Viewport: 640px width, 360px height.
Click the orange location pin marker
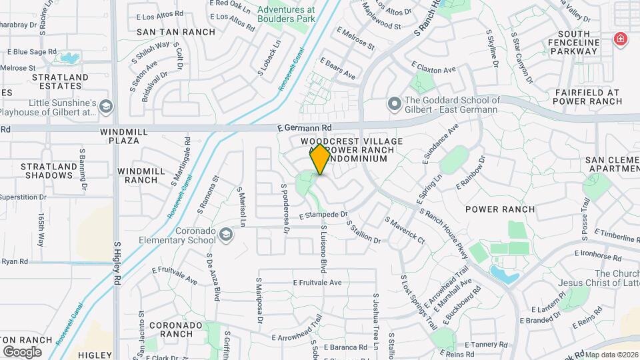320,159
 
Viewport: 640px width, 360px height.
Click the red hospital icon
621,39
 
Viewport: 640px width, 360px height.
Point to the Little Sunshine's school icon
106,107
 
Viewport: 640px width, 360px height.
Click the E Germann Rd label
305,127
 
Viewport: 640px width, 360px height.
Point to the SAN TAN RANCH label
176,31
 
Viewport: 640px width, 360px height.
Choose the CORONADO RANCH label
175,329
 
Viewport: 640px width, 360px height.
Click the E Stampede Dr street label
323,215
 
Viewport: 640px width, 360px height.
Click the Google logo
22,351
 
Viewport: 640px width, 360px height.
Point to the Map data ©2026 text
611,355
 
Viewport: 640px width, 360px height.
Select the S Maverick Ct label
404,229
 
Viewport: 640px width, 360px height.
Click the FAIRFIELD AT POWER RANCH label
587,97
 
